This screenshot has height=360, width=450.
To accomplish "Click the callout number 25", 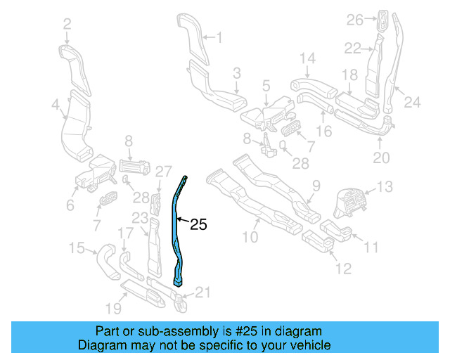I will [x=199, y=225].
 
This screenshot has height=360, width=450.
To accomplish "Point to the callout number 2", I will [x=67, y=25].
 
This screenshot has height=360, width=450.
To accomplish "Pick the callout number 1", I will [x=218, y=37].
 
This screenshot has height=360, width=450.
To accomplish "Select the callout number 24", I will [x=412, y=103].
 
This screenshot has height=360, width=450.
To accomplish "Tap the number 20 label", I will [x=380, y=158].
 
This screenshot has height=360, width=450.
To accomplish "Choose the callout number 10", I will [x=250, y=237].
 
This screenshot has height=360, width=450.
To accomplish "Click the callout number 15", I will [x=76, y=247].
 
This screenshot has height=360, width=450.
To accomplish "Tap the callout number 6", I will [x=70, y=205].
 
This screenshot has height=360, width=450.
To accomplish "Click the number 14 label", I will [x=308, y=58].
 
